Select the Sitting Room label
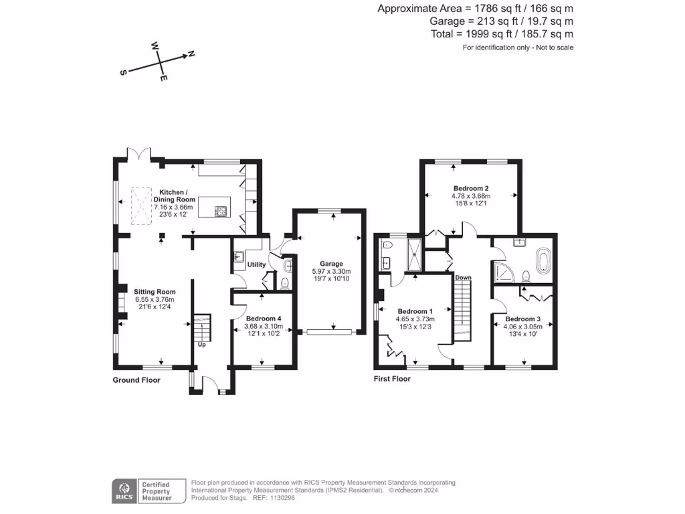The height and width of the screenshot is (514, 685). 155,292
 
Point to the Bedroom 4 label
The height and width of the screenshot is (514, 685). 264,319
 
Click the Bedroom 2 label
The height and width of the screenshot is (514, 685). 471,188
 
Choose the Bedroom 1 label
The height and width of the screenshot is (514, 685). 415,311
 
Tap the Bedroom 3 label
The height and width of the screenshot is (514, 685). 523,319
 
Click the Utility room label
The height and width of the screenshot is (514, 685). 257,264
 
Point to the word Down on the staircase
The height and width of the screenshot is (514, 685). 463,277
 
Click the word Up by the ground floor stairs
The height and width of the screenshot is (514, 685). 201,345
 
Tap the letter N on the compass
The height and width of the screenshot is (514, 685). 191,54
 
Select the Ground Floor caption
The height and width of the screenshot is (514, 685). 136,379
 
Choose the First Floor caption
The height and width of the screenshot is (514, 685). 392,379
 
